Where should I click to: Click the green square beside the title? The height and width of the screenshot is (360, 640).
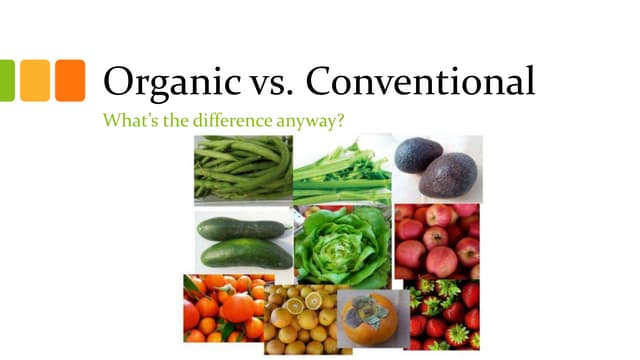[x=6, y=81]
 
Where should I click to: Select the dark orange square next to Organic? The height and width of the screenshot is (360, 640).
[x=70, y=81]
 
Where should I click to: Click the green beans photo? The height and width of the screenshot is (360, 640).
[x=242, y=169]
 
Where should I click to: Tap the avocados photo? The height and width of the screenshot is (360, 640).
[x=437, y=168]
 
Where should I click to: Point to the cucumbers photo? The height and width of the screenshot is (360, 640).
[x=243, y=241]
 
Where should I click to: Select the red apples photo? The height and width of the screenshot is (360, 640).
[x=437, y=241]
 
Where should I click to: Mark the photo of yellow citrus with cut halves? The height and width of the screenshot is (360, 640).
[x=300, y=320]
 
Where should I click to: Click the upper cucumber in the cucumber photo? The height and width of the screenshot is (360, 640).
[x=241, y=227]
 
